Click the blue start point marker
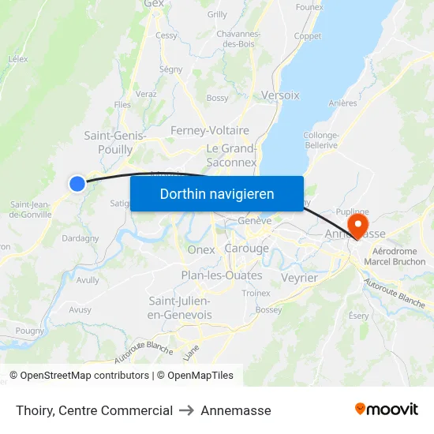pos(77,184)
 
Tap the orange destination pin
pos(357,225)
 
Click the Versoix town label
pos(280,95)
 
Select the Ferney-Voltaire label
pos(210,130)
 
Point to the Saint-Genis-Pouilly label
pos(115,142)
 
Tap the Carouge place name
pos(247,249)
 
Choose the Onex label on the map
pos(201,249)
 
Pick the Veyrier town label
pos(299,278)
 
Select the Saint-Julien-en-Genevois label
pos(181,308)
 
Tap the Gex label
pos(154,4)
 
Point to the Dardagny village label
pos(80,238)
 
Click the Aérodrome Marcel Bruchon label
pos(398,256)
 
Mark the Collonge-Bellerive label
pos(320,140)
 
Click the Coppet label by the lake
pos(307,36)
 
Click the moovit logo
pos(387,410)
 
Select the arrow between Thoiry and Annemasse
pos(187,410)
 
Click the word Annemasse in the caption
pos(236,410)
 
